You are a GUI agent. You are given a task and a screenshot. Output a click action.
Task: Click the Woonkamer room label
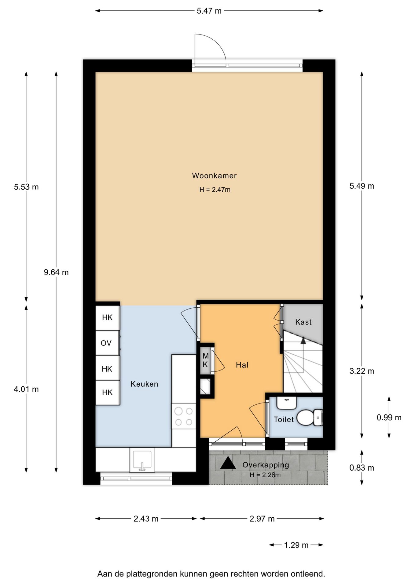point(214,175)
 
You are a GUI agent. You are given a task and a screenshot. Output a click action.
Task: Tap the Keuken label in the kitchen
point(144,384)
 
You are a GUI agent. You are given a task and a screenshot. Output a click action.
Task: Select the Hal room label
point(242,365)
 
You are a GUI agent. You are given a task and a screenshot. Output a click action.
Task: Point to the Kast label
point(303,322)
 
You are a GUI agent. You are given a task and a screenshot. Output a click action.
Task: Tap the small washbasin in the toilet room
point(287,403)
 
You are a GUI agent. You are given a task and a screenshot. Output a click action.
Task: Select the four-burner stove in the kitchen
point(184,416)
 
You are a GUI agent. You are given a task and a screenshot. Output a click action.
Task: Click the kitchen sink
point(142,460)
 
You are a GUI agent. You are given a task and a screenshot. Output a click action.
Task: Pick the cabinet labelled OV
point(107,343)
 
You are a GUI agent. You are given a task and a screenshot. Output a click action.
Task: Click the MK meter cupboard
point(205,360)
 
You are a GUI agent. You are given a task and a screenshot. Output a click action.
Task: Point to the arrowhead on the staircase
point(303,341)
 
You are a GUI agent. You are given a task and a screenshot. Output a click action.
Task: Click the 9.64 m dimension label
point(56,272)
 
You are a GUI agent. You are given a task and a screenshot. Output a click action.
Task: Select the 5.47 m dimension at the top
point(209,11)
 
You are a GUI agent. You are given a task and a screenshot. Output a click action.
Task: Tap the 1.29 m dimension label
point(296,545)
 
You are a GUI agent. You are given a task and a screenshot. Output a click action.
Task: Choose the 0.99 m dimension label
point(389,418)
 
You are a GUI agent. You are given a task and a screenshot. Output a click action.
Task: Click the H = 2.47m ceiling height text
point(215,190)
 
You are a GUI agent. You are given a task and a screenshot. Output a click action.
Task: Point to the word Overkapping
point(266,465)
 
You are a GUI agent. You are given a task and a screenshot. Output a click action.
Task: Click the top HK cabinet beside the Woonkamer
point(107,317)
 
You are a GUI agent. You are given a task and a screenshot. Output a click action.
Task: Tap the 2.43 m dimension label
point(146,519)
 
